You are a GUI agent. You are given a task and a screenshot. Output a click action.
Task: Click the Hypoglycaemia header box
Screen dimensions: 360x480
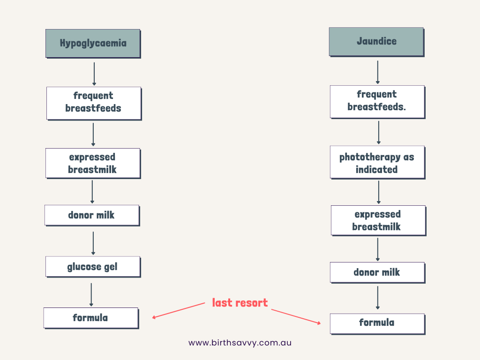[x=93, y=43]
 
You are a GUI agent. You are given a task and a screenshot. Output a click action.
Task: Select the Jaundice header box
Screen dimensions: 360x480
[x=376, y=41]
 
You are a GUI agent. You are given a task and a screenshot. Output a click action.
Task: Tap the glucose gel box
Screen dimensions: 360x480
[x=92, y=267]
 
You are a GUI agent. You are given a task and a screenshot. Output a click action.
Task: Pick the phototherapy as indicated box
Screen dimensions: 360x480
[x=377, y=163]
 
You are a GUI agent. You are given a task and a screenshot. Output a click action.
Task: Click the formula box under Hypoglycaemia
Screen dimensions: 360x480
[x=90, y=318]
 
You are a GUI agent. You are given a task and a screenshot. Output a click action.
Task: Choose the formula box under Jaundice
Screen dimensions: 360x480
[x=377, y=323]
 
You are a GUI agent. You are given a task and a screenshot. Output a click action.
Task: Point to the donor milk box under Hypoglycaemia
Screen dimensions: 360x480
[x=91, y=215]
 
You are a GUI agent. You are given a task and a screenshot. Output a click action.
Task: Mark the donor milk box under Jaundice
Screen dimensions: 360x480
[x=377, y=272]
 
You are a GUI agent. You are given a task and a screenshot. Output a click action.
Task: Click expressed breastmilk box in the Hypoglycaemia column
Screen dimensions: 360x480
[x=92, y=163]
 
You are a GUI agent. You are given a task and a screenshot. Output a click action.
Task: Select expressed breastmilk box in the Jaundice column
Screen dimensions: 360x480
[x=378, y=220]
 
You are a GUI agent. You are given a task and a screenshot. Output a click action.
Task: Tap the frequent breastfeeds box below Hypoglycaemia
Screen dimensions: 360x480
[x=93, y=102]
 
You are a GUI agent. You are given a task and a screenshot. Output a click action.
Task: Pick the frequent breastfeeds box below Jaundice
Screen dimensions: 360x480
[x=377, y=101]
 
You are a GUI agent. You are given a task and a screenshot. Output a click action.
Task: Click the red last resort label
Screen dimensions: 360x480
[x=240, y=303]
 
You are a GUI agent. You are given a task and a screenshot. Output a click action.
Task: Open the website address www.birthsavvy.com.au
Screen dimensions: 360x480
[x=240, y=343]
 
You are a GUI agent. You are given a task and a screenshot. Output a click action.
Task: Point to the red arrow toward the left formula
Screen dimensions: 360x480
[x=179, y=311]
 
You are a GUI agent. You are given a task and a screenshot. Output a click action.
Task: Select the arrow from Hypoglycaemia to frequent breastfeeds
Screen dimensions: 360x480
[x=94, y=74]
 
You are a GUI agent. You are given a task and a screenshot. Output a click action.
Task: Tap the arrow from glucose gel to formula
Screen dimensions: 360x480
[x=91, y=295]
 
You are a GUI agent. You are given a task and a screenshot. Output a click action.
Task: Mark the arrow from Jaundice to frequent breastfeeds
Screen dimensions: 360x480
[x=378, y=72]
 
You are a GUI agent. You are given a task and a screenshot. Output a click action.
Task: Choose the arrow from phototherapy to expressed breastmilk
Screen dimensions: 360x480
[x=379, y=192]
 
